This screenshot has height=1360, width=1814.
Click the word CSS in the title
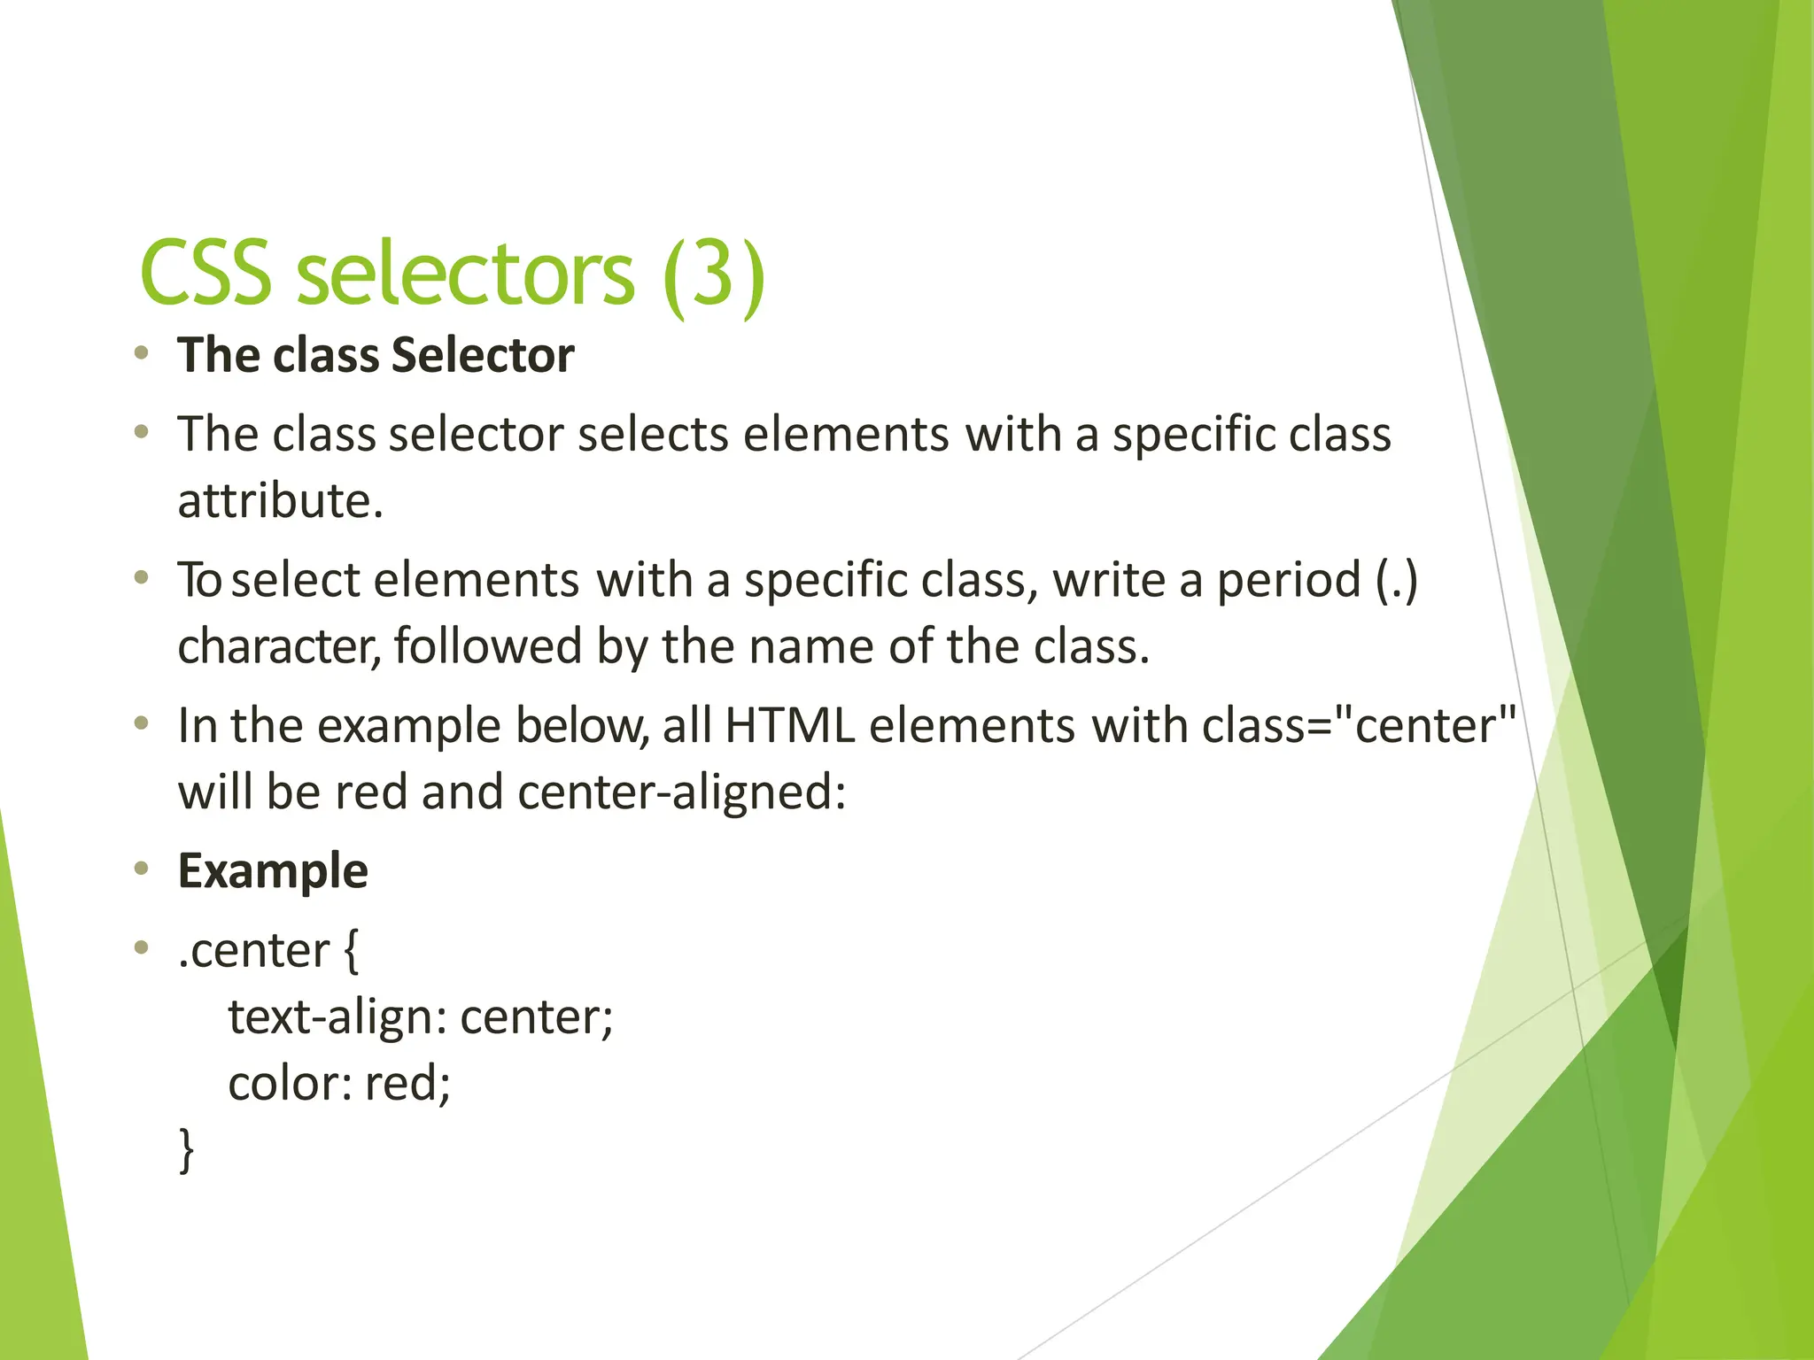point(205,274)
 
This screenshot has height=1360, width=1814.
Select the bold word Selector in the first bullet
point(483,356)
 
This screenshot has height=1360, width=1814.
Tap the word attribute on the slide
point(280,501)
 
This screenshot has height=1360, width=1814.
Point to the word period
point(1289,581)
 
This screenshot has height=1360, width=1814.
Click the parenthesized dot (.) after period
point(1397,581)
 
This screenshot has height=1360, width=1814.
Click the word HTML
point(789,726)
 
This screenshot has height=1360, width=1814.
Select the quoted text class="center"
point(1359,726)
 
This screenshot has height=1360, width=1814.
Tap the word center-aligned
point(681,792)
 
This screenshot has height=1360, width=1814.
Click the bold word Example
point(273,871)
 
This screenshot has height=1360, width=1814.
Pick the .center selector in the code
point(253,951)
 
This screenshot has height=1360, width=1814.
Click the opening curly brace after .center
point(351,951)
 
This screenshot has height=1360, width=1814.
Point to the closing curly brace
point(186,1149)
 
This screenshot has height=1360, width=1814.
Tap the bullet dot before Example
point(141,869)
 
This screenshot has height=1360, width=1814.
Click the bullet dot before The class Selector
point(141,354)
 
